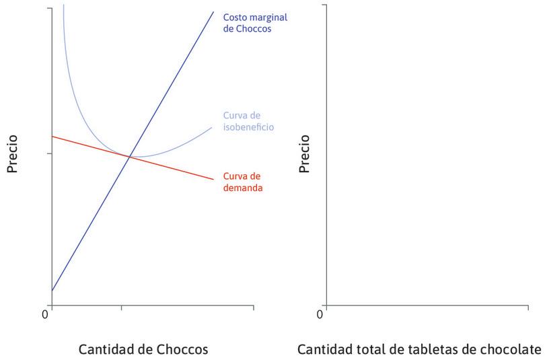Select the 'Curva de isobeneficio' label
(x=248, y=121)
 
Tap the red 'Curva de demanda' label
(x=242, y=182)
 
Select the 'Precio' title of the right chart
(x=305, y=154)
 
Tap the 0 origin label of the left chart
(x=46, y=314)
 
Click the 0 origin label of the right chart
(x=320, y=314)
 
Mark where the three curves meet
(x=129, y=156)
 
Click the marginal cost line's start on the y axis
(x=52, y=291)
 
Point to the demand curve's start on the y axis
(x=52, y=137)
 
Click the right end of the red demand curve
(x=214, y=179)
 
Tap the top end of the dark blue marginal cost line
(x=213, y=11)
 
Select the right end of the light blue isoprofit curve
(x=212, y=127)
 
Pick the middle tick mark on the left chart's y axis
(x=49, y=153)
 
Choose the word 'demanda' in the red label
(x=242, y=188)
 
